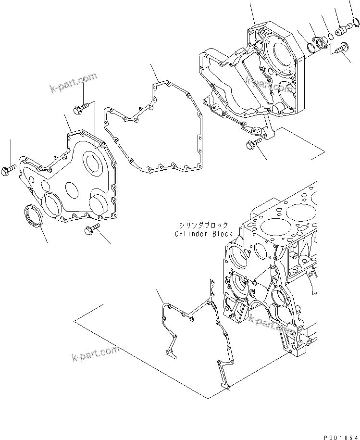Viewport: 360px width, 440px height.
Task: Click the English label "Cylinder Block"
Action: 204,234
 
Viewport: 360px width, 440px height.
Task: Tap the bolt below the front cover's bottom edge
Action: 91,231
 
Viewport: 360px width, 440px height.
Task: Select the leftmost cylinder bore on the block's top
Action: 273,225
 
